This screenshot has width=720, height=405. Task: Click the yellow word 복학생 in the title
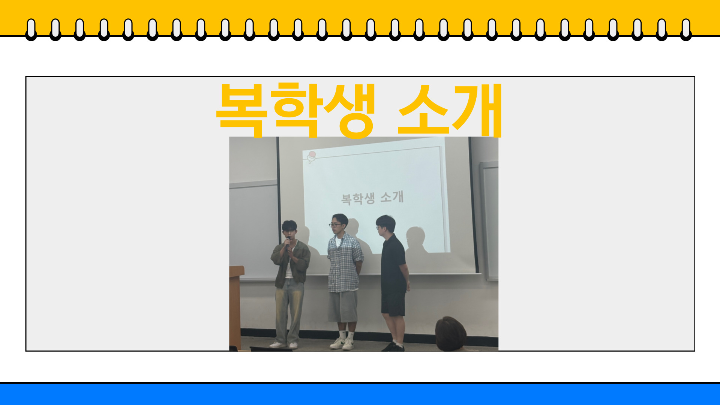pyautogui.click(x=296, y=110)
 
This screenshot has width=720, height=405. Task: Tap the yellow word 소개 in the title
pyautogui.click(x=450, y=110)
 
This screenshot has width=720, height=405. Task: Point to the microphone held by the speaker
pyautogui.click(x=288, y=242)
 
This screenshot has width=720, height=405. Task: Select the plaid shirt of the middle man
pyautogui.click(x=344, y=262)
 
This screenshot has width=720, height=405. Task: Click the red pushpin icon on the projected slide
pyautogui.click(x=311, y=156)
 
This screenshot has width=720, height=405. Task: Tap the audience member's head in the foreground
pyautogui.click(x=451, y=334)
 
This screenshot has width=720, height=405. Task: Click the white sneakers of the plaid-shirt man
pyautogui.click(x=342, y=343)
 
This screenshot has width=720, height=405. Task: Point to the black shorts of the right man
pyautogui.click(x=393, y=304)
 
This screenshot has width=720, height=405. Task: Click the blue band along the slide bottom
pyautogui.click(x=360, y=394)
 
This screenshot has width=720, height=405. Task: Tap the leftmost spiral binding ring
pyautogui.click(x=31, y=29)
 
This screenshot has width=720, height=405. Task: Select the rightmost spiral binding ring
pyautogui.click(x=686, y=29)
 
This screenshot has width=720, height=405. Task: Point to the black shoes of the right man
pyautogui.click(x=393, y=347)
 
